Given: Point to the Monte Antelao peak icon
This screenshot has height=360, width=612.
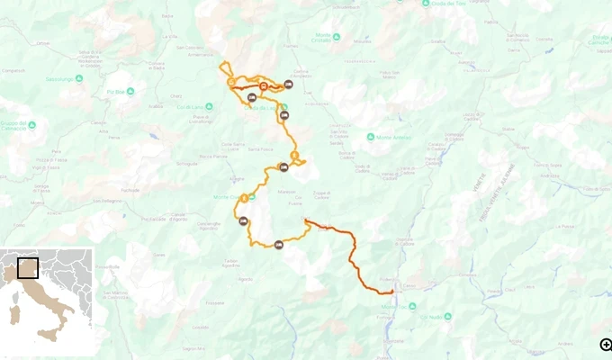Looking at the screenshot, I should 371,137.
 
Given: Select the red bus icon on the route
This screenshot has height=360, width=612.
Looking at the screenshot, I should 263,86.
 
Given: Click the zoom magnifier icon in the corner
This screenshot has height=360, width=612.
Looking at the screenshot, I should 607,344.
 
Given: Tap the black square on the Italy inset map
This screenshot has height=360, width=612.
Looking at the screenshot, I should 28,268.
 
